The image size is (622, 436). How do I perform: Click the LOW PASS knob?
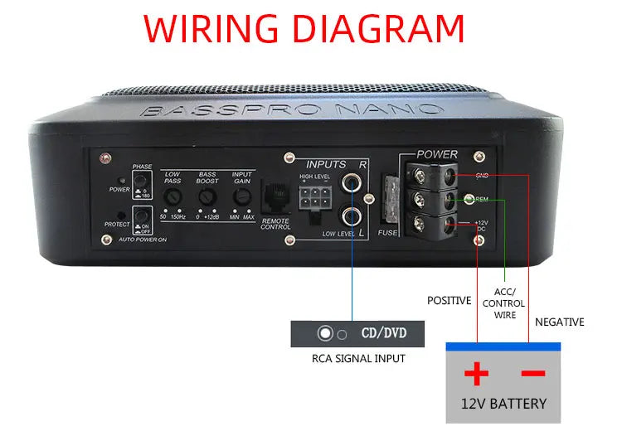pos(173,197)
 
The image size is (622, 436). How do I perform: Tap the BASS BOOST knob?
pos(207,197)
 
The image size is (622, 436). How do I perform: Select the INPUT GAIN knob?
pos(241,197)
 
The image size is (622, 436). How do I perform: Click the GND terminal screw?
pos(424,176)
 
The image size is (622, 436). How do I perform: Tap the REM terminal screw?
pos(424,200)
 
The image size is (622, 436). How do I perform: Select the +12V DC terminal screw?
pos(424,224)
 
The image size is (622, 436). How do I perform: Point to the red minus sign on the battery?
pos(532,374)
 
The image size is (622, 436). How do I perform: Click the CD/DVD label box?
pos(357,335)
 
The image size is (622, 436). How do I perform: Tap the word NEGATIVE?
pos(559,322)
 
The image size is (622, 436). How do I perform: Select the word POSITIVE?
pos(449,300)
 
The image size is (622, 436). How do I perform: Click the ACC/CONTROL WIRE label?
pos(504,303)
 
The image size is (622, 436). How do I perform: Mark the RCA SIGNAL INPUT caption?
pos(358,359)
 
